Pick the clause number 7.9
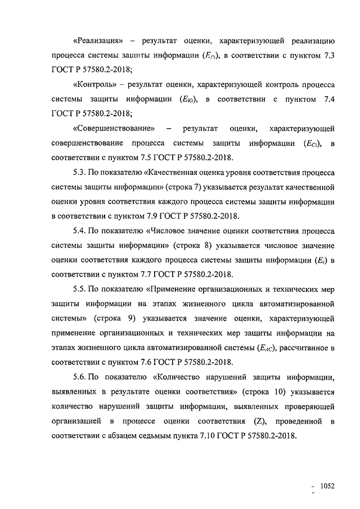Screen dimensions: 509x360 pyautogui.click(x=146, y=216)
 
